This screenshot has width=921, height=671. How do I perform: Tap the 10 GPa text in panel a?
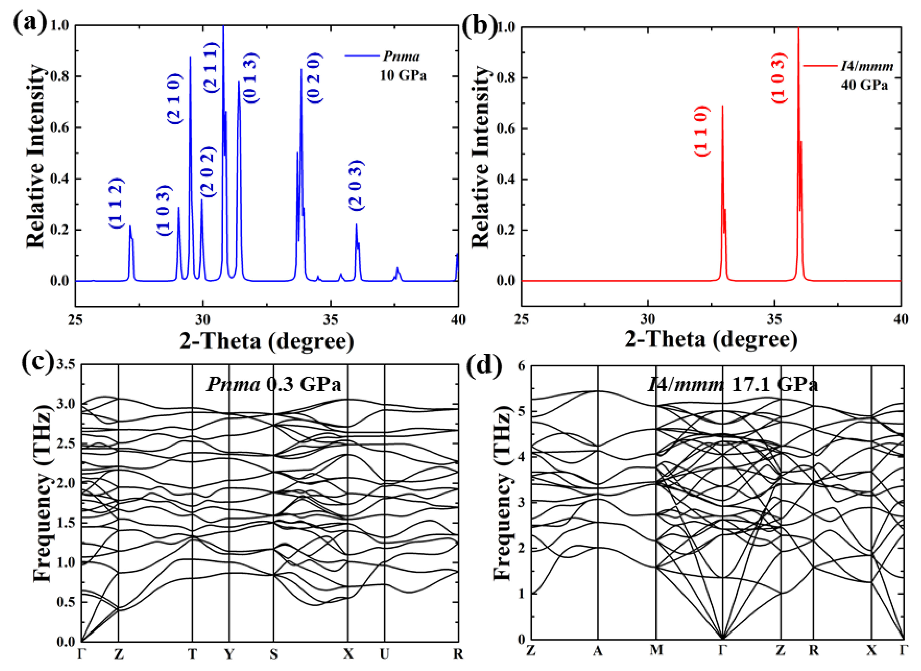pos(403,76)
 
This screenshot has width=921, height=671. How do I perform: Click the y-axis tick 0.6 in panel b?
pos(506,128)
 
